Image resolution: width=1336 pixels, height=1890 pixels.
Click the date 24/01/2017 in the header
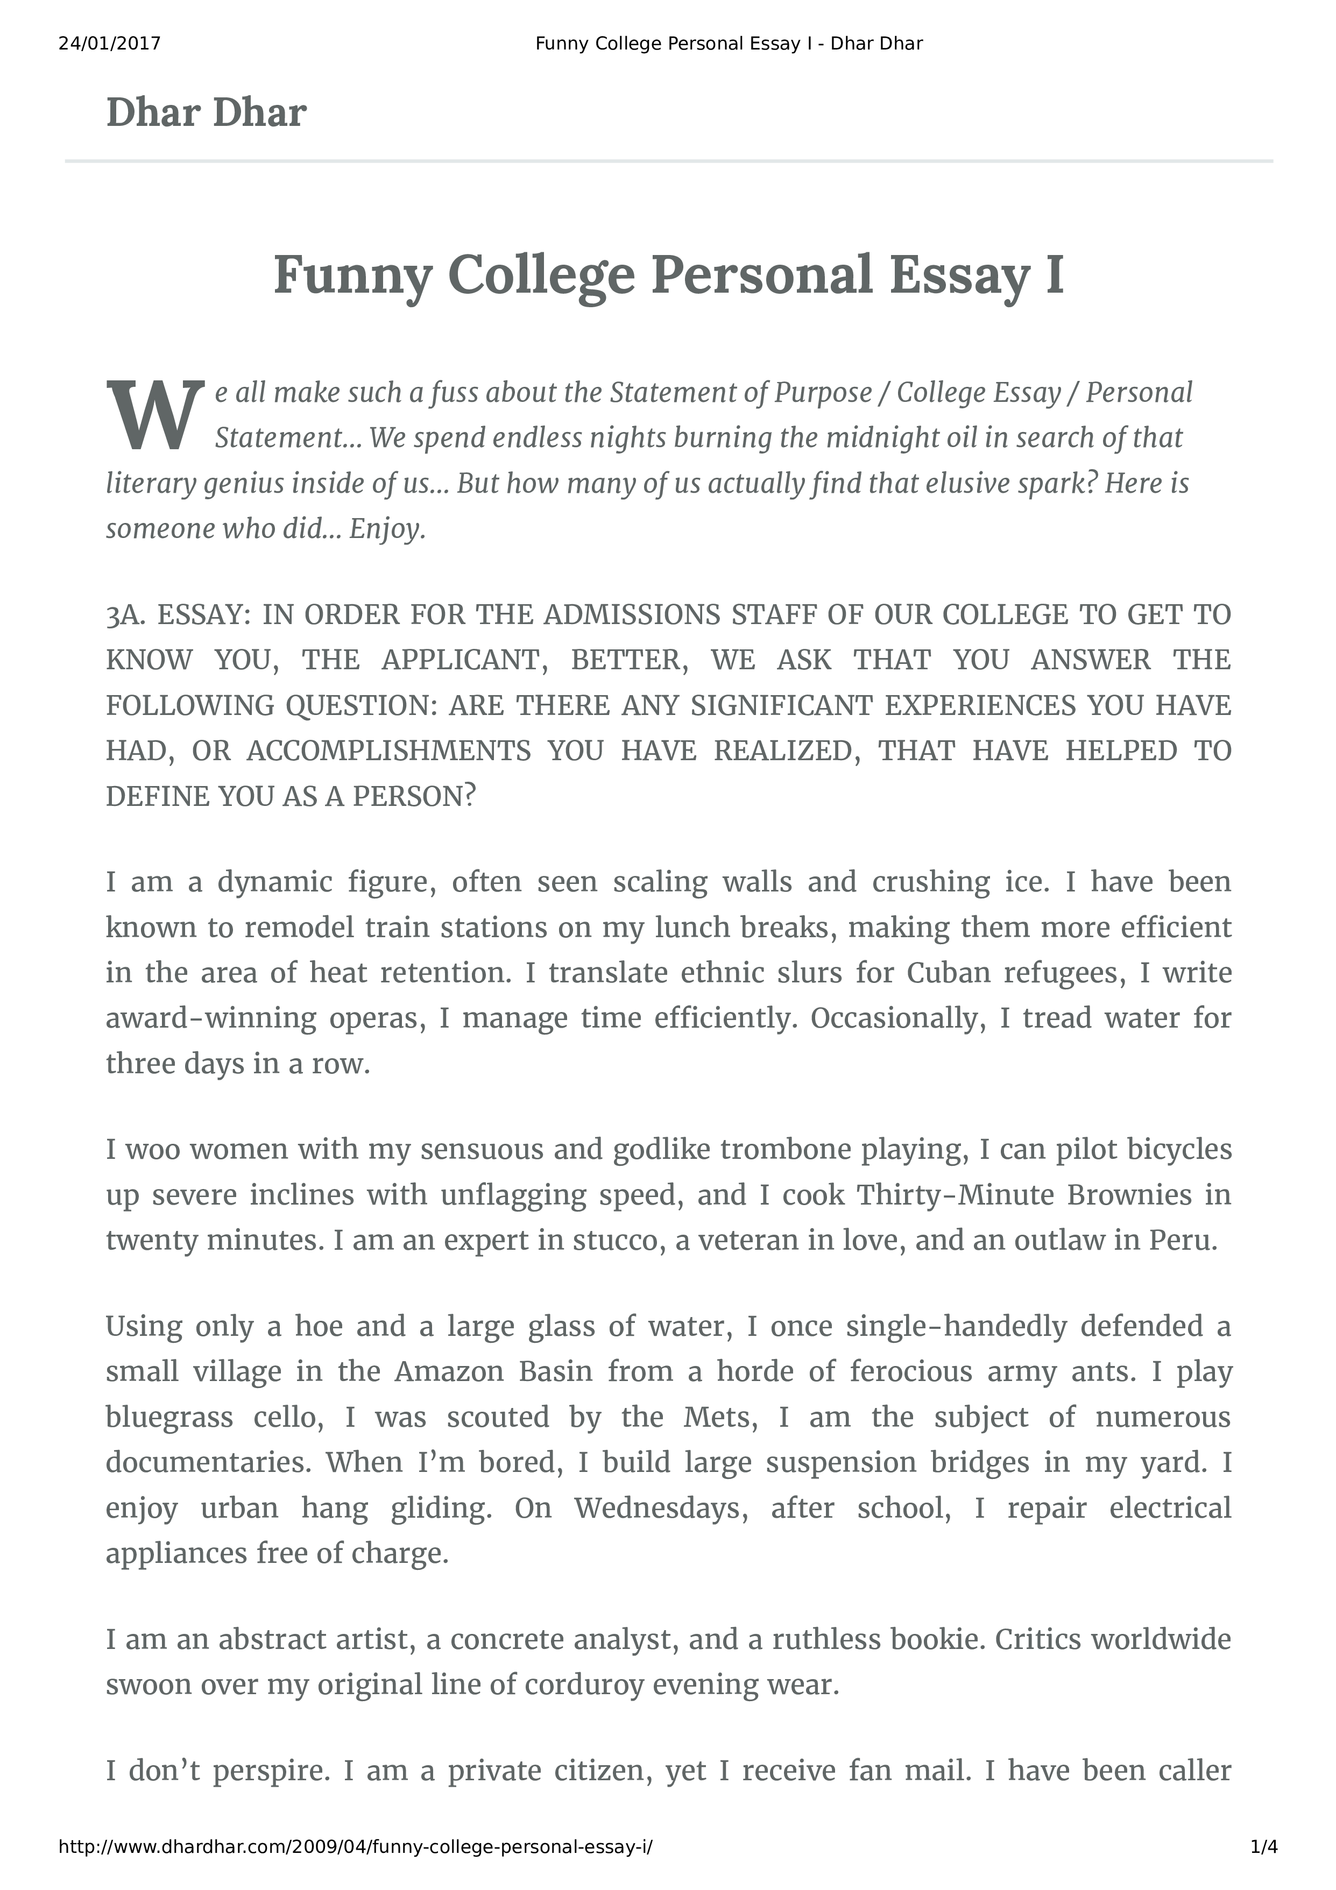point(109,44)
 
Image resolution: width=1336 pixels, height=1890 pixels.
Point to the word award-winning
point(211,1018)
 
